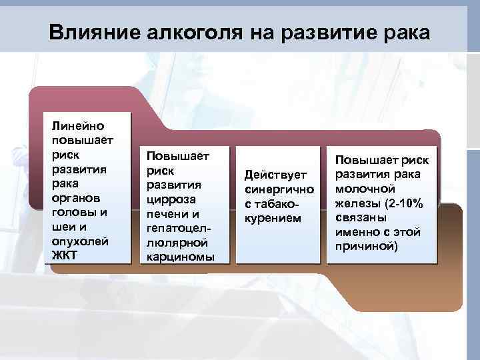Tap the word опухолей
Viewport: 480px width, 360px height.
[78, 241]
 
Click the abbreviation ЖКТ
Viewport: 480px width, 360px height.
[65, 255]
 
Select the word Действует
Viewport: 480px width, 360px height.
[275, 175]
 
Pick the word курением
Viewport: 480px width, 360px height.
[273, 218]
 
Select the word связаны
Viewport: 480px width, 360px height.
[360, 217]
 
